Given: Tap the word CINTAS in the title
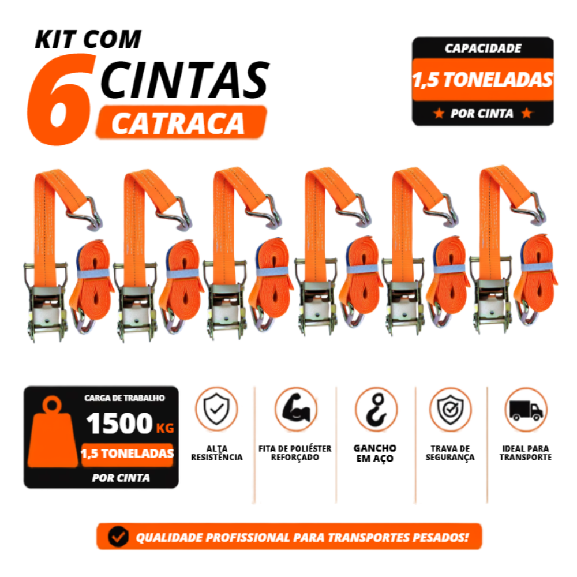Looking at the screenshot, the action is click(185, 80).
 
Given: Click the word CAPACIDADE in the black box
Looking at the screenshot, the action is click(483, 48).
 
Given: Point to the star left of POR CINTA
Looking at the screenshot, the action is click(439, 113).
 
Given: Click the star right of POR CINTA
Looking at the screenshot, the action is click(527, 113).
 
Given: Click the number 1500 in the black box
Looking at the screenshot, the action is click(119, 423).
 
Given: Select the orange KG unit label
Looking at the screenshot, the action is click(165, 428).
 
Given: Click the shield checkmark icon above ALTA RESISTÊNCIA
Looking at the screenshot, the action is click(216, 409).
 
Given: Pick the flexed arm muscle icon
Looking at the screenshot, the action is click(296, 409).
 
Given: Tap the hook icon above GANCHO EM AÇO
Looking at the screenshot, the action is click(376, 409).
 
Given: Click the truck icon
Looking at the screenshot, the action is click(526, 410).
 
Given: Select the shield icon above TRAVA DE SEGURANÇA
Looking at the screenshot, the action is click(451, 410).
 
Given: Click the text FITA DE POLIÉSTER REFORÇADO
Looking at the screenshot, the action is click(295, 453).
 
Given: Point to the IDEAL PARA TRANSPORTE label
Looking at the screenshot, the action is click(526, 453).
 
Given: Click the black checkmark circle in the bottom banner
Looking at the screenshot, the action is click(118, 537).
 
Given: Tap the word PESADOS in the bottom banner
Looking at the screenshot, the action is click(440, 537).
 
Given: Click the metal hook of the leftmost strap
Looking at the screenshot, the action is click(89, 213).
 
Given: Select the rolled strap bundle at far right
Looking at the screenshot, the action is click(536, 280).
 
